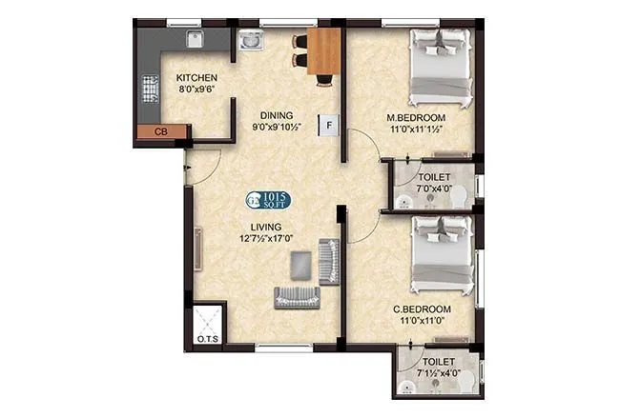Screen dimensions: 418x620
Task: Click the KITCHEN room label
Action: (196, 78)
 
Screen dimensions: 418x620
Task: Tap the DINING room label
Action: (272, 115)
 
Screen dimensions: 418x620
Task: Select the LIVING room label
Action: (266, 227)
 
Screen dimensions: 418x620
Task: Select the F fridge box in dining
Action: (329, 125)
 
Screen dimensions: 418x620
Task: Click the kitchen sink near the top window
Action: (195, 40)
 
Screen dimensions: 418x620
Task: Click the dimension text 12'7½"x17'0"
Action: (266, 239)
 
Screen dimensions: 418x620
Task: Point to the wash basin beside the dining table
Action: (253, 42)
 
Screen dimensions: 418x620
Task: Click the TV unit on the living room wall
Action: (196, 249)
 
